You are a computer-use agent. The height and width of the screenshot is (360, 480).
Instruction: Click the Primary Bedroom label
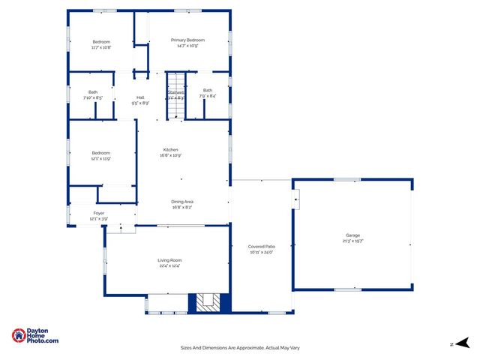click(187, 40)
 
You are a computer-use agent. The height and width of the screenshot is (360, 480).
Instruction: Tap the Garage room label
click(352, 235)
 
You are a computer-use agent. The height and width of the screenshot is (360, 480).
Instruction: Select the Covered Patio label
click(261, 247)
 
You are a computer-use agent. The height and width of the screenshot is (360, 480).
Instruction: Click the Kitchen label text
click(170, 150)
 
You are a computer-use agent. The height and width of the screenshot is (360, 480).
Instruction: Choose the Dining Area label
click(182, 202)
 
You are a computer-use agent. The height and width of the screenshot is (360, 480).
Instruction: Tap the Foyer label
click(99, 214)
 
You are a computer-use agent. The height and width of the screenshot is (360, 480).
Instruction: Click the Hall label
click(140, 97)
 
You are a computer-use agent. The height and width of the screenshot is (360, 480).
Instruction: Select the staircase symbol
click(175, 96)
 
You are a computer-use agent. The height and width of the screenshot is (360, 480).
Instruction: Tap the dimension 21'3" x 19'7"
click(352, 241)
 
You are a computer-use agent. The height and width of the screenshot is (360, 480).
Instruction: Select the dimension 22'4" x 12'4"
click(169, 265)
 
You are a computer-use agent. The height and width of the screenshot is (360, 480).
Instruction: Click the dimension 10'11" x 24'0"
click(261, 252)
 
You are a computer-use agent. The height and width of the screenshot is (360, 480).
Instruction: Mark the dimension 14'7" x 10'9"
click(187, 46)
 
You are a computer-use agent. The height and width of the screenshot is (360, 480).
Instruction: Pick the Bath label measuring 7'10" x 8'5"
click(93, 92)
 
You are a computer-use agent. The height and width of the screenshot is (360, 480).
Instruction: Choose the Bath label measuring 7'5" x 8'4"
click(208, 91)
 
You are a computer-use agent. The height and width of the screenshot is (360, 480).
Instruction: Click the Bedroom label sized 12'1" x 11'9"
click(101, 153)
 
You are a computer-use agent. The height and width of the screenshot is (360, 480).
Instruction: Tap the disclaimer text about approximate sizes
click(240, 347)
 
